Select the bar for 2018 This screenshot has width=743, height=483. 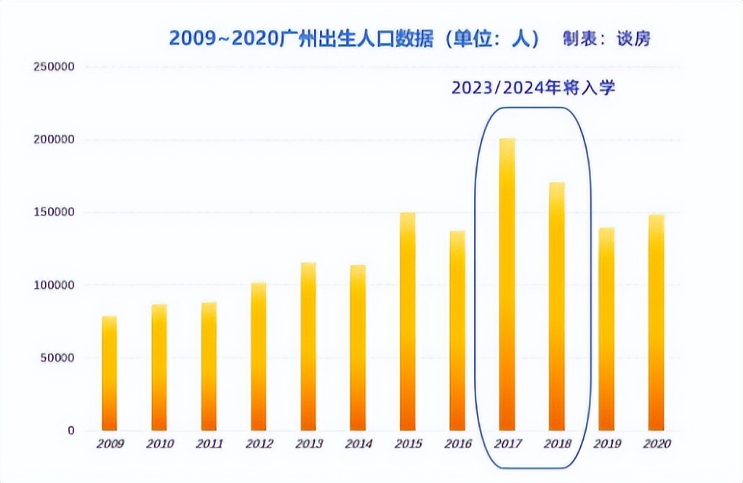(x=556, y=306)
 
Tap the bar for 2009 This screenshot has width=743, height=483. (x=109, y=373)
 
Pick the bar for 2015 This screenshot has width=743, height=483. (x=407, y=322)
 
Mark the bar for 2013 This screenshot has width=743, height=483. (x=308, y=346)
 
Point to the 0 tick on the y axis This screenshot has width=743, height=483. (x=71, y=431)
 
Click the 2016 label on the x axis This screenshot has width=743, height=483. (x=457, y=444)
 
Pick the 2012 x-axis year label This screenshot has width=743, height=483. (x=258, y=444)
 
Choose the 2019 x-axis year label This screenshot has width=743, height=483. (x=606, y=444)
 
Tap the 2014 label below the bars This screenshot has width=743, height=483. (x=358, y=444)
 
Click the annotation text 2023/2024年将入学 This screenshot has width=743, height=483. (x=534, y=88)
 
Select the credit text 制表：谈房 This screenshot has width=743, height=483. (x=606, y=39)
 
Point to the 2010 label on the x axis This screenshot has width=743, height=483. (x=159, y=444)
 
